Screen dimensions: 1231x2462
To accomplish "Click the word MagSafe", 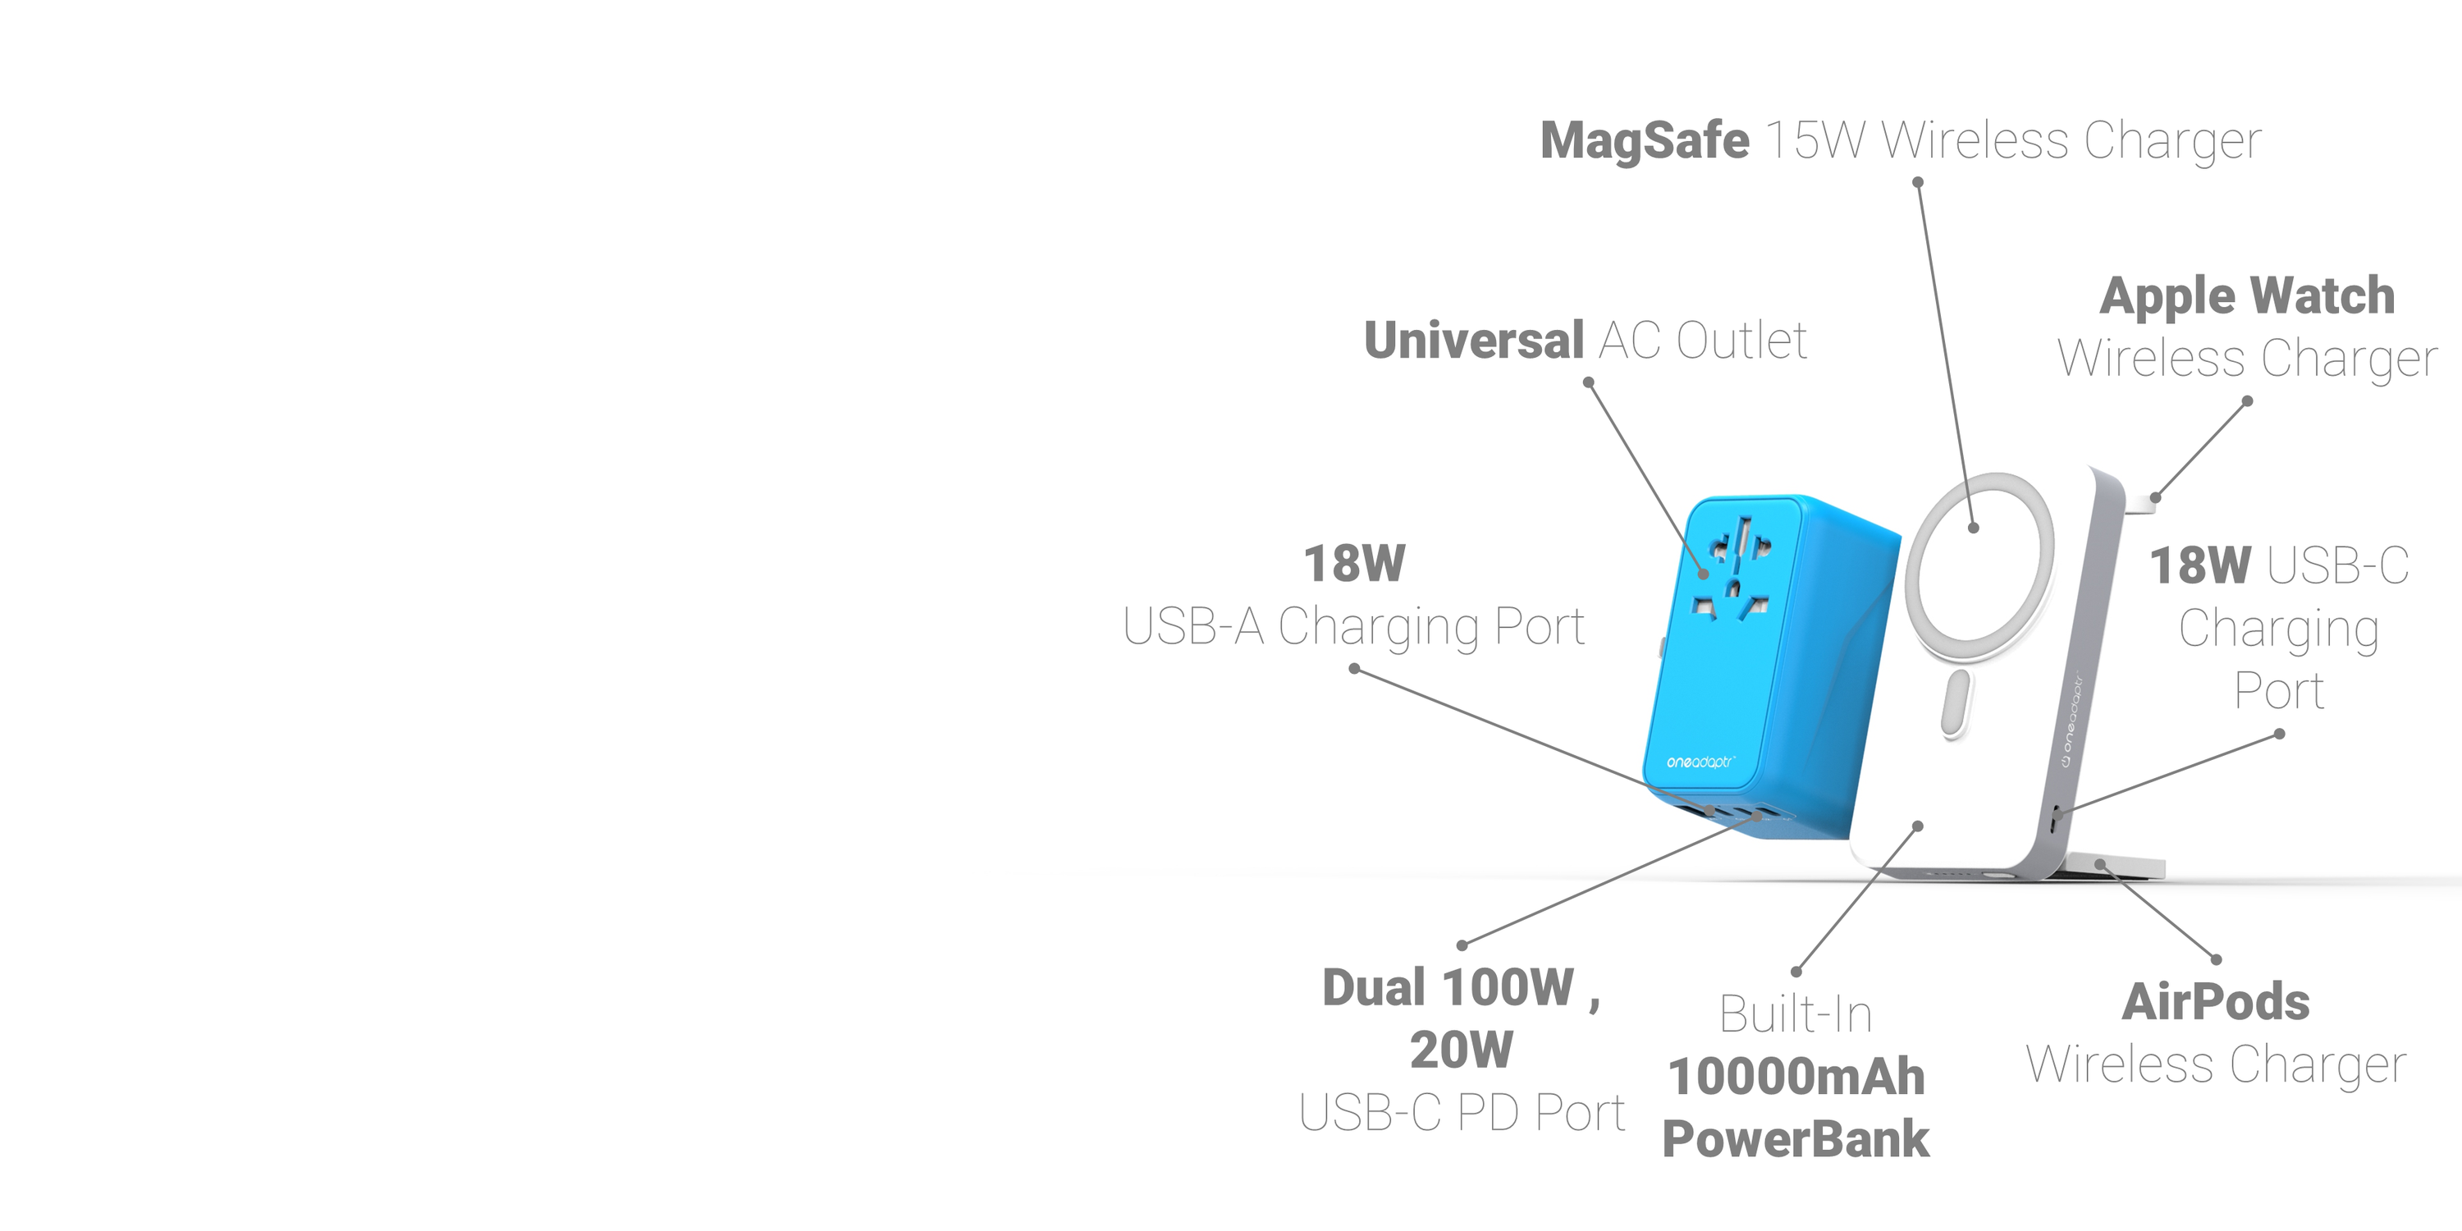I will coord(1644,140).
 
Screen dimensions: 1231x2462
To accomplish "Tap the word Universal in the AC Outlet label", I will coord(1474,341).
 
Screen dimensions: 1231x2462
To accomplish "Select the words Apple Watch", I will coord(2247,295).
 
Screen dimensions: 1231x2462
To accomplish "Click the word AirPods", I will coord(2216,1001).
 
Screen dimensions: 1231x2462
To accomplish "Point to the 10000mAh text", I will coord(1796,1077).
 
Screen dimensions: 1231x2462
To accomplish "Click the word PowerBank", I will coord(1796,1139).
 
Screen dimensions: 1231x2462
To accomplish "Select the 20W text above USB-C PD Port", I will coord(1462,1050).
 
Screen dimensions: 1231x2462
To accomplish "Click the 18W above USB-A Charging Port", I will coord(1354,563).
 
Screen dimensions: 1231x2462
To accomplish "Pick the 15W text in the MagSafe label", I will coord(1814,140).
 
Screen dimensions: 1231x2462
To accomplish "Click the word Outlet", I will coord(1741,341).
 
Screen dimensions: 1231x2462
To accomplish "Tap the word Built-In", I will coord(1796,1014).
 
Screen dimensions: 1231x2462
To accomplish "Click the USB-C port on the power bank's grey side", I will coord(2056,818).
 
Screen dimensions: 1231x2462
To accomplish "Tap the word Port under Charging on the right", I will coord(2278,690).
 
